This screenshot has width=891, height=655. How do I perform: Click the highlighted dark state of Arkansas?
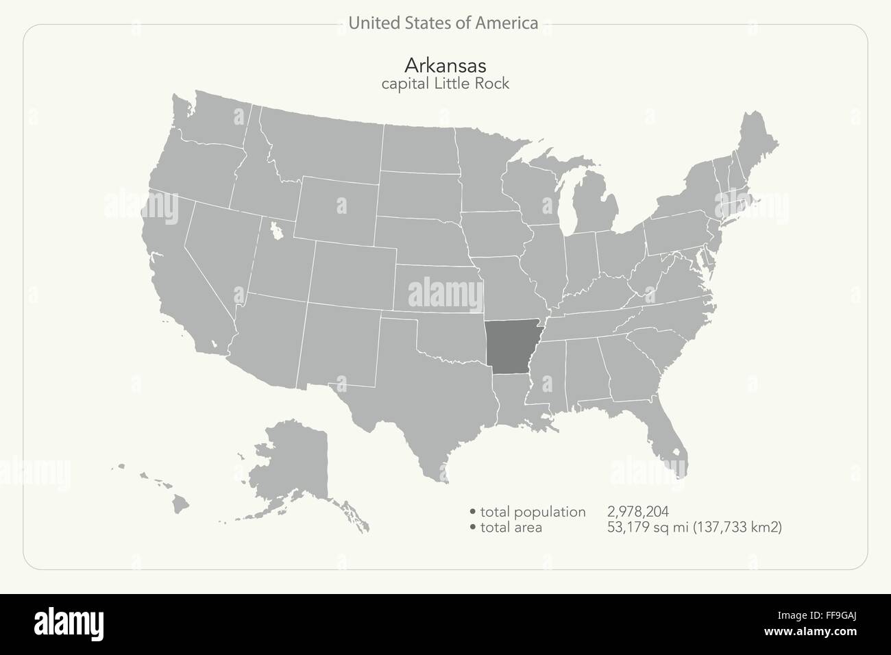[x=513, y=347]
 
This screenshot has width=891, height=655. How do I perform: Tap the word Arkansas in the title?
[x=445, y=65]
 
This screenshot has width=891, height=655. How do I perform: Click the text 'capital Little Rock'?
[x=445, y=84]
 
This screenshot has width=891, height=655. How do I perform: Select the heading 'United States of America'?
[x=443, y=23]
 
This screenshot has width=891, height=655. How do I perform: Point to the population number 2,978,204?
[x=637, y=511]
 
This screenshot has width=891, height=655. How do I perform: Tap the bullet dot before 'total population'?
[x=473, y=512]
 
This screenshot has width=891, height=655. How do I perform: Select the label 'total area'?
[x=511, y=527]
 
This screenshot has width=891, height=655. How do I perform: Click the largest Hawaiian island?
[x=180, y=504]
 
